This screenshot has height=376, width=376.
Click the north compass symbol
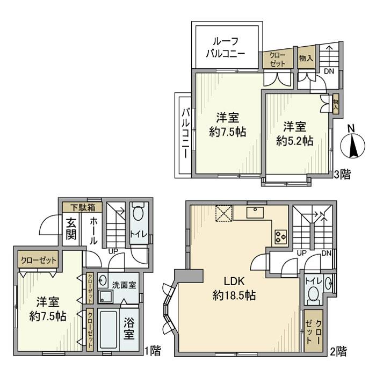[x=353, y=146]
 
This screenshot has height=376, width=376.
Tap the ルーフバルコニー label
[x=226, y=47]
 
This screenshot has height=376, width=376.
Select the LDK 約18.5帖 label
[x=234, y=288]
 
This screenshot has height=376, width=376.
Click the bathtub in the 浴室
[x=108, y=330]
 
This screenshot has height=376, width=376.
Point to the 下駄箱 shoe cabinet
[x=83, y=207]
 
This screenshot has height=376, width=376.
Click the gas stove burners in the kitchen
[x=280, y=237]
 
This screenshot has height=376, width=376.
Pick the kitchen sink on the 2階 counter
[x=255, y=213]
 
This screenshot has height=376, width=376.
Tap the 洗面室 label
[x=124, y=285]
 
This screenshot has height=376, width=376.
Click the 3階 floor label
[x=343, y=175]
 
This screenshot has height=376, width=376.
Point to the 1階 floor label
[x=153, y=351]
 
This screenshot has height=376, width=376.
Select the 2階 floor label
[x=338, y=351]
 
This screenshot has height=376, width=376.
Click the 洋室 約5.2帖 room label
[x=295, y=134]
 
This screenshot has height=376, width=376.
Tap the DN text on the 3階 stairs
[x=329, y=71]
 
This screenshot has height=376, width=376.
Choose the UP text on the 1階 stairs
[x=113, y=251]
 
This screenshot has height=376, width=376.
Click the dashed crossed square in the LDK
[x=224, y=214]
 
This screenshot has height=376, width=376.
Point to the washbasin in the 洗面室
[x=103, y=280]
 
